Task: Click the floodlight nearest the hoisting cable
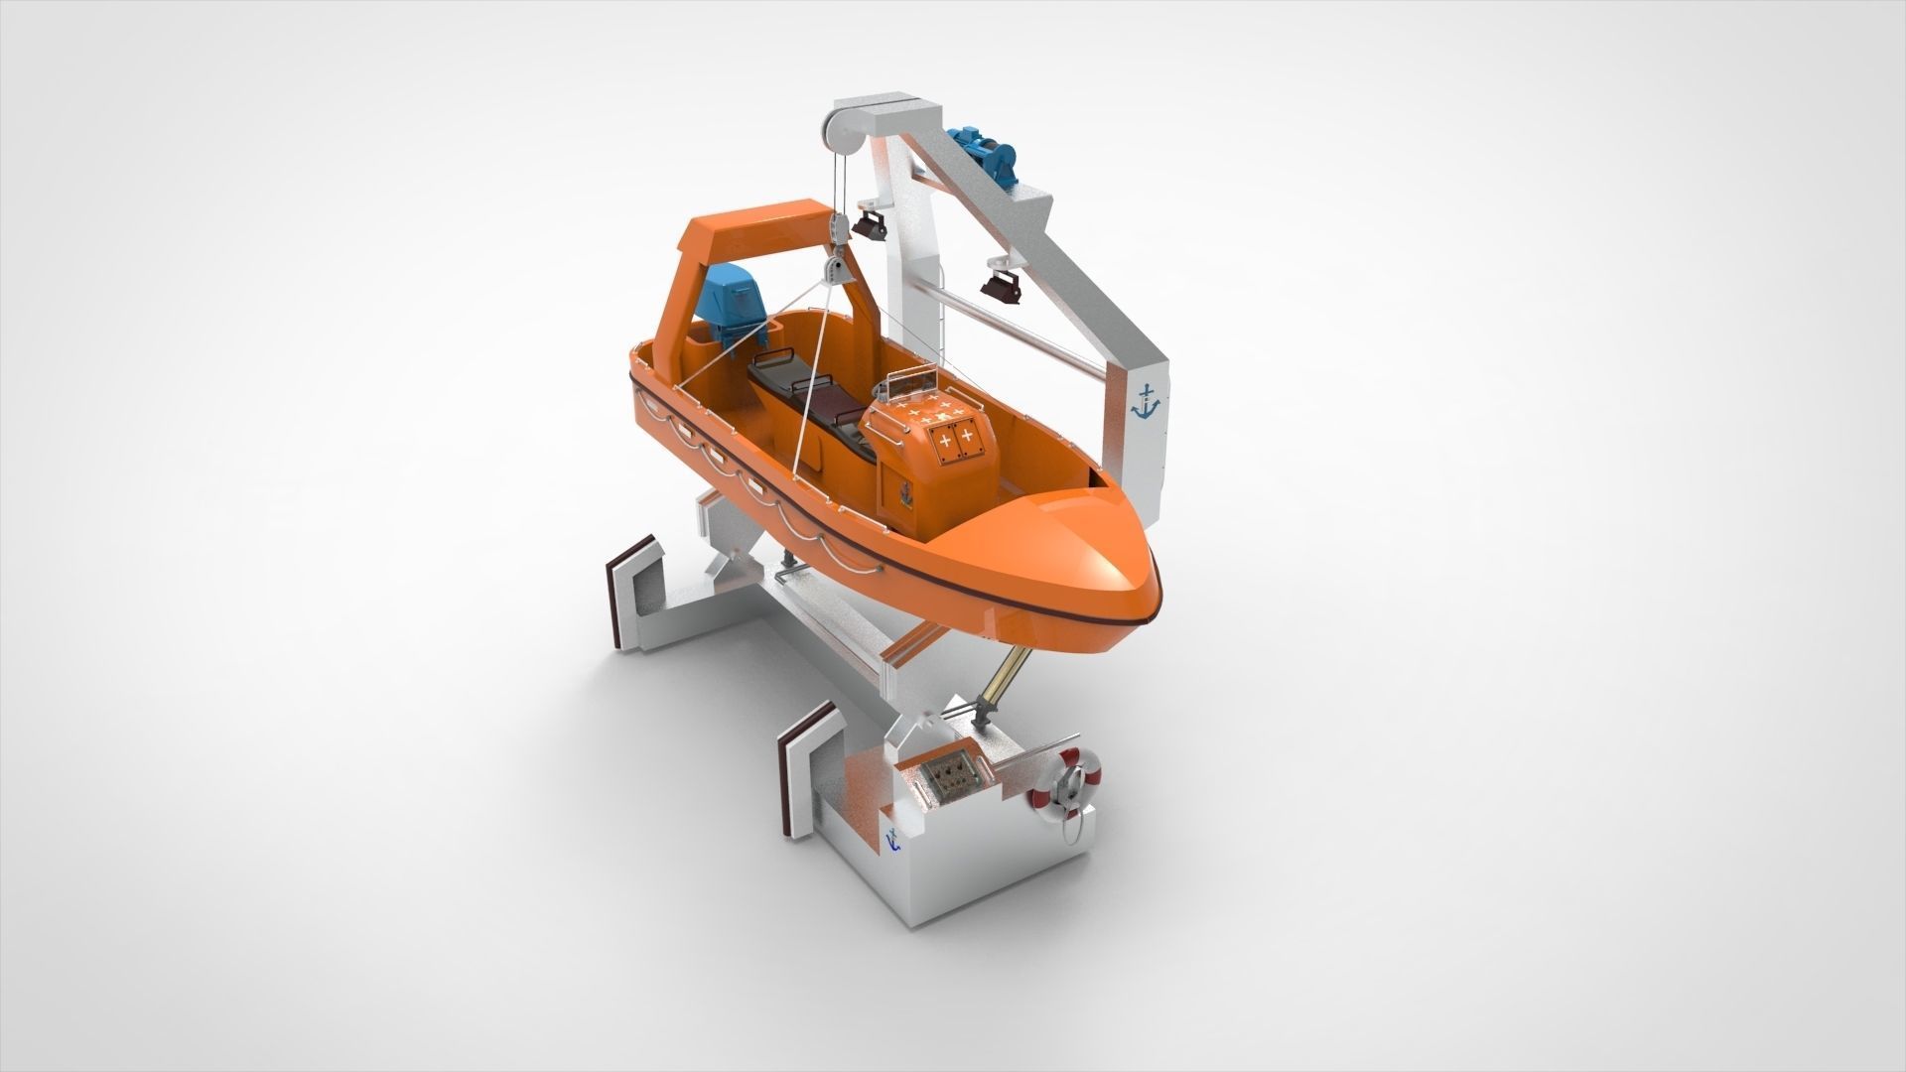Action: tap(871, 223)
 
